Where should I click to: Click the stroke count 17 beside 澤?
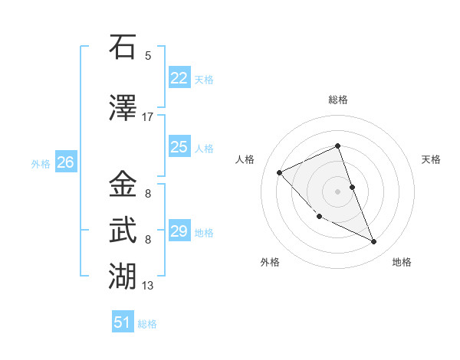click(x=148, y=117)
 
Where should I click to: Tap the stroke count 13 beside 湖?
click(x=148, y=286)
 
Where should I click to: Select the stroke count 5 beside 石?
click(x=148, y=55)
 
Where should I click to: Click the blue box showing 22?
click(x=179, y=77)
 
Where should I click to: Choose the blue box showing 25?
click(x=179, y=147)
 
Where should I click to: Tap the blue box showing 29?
click(x=179, y=231)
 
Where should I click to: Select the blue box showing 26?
click(x=65, y=162)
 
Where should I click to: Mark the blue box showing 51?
click(x=123, y=322)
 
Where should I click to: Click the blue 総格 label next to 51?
click(x=147, y=324)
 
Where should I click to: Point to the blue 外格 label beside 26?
click(x=41, y=163)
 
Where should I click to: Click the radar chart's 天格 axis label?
click(x=432, y=159)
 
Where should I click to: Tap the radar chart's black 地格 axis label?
click(x=402, y=262)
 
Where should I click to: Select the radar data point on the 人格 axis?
click(x=280, y=172)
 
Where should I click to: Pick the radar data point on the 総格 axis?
click(x=337, y=146)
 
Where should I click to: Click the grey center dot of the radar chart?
click(x=337, y=191)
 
